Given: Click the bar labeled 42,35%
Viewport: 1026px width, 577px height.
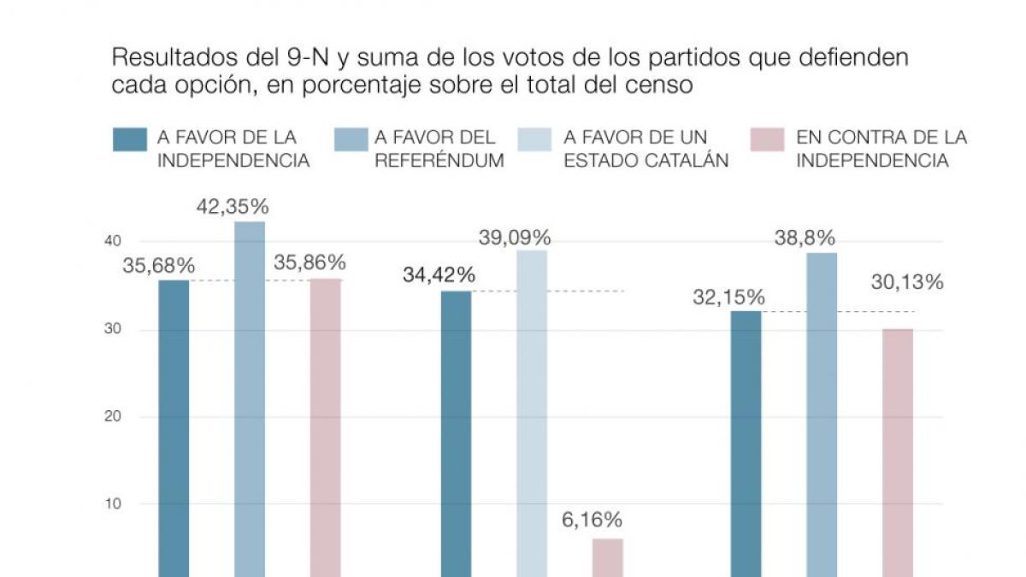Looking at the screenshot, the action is coord(250,399).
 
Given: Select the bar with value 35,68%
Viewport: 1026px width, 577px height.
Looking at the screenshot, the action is coord(174,428).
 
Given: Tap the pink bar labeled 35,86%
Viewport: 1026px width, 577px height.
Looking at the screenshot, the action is coord(326,427).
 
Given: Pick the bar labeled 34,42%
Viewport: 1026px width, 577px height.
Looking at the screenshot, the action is coord(457,434).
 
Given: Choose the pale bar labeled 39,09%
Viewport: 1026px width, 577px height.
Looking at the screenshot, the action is coord(532,414).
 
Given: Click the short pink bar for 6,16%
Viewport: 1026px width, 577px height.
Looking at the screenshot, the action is coord(608,557).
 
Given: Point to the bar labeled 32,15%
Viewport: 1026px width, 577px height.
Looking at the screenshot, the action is coord(746,445).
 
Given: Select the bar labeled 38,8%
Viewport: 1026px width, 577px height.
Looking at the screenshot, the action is coord(822,415).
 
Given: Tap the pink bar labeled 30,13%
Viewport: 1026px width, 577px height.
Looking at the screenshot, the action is coord(898,453).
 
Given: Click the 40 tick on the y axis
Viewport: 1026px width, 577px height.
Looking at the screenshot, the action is coord(113,241).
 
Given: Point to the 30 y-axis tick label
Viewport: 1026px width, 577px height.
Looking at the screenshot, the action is coord(113,329).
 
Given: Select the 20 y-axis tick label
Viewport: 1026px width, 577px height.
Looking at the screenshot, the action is coord(113,416).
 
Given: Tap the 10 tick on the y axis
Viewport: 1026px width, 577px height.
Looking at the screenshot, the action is coord(113,503).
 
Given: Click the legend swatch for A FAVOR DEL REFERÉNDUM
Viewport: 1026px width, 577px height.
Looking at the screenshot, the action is coord(351,139).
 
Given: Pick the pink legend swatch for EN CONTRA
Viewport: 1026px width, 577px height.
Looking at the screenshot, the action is coord(767,139).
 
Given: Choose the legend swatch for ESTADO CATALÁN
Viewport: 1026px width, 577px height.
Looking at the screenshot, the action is coord(534,139).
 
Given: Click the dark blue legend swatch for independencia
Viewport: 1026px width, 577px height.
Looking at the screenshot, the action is coord(130,139).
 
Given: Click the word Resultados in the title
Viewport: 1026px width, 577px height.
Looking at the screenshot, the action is coord(175,57).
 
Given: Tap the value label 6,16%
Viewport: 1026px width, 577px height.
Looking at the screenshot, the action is coord(592,520).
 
